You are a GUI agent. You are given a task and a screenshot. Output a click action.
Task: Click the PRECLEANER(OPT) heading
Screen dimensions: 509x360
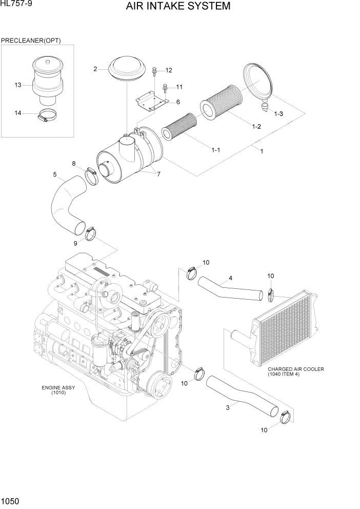[31, 41]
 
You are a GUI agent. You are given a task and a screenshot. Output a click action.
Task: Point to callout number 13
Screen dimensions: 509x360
[18, 85]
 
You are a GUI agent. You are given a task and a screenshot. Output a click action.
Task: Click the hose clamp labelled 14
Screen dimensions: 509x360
[47, 117]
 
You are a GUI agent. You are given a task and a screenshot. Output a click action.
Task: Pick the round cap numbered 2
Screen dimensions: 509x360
[126, 69]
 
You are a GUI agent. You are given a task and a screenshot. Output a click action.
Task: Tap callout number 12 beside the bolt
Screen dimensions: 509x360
[169, 70]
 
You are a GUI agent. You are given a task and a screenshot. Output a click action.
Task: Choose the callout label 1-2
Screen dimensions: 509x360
[255, 127]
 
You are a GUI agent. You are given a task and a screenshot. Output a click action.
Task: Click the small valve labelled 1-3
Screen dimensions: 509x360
[265, 107]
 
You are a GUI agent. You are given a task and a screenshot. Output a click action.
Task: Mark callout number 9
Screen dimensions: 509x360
[76, 243]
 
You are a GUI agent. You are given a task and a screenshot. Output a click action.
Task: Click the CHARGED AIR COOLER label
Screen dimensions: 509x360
[296, 369]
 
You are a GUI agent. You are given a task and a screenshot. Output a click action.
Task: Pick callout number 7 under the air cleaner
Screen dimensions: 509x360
[158, 174]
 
